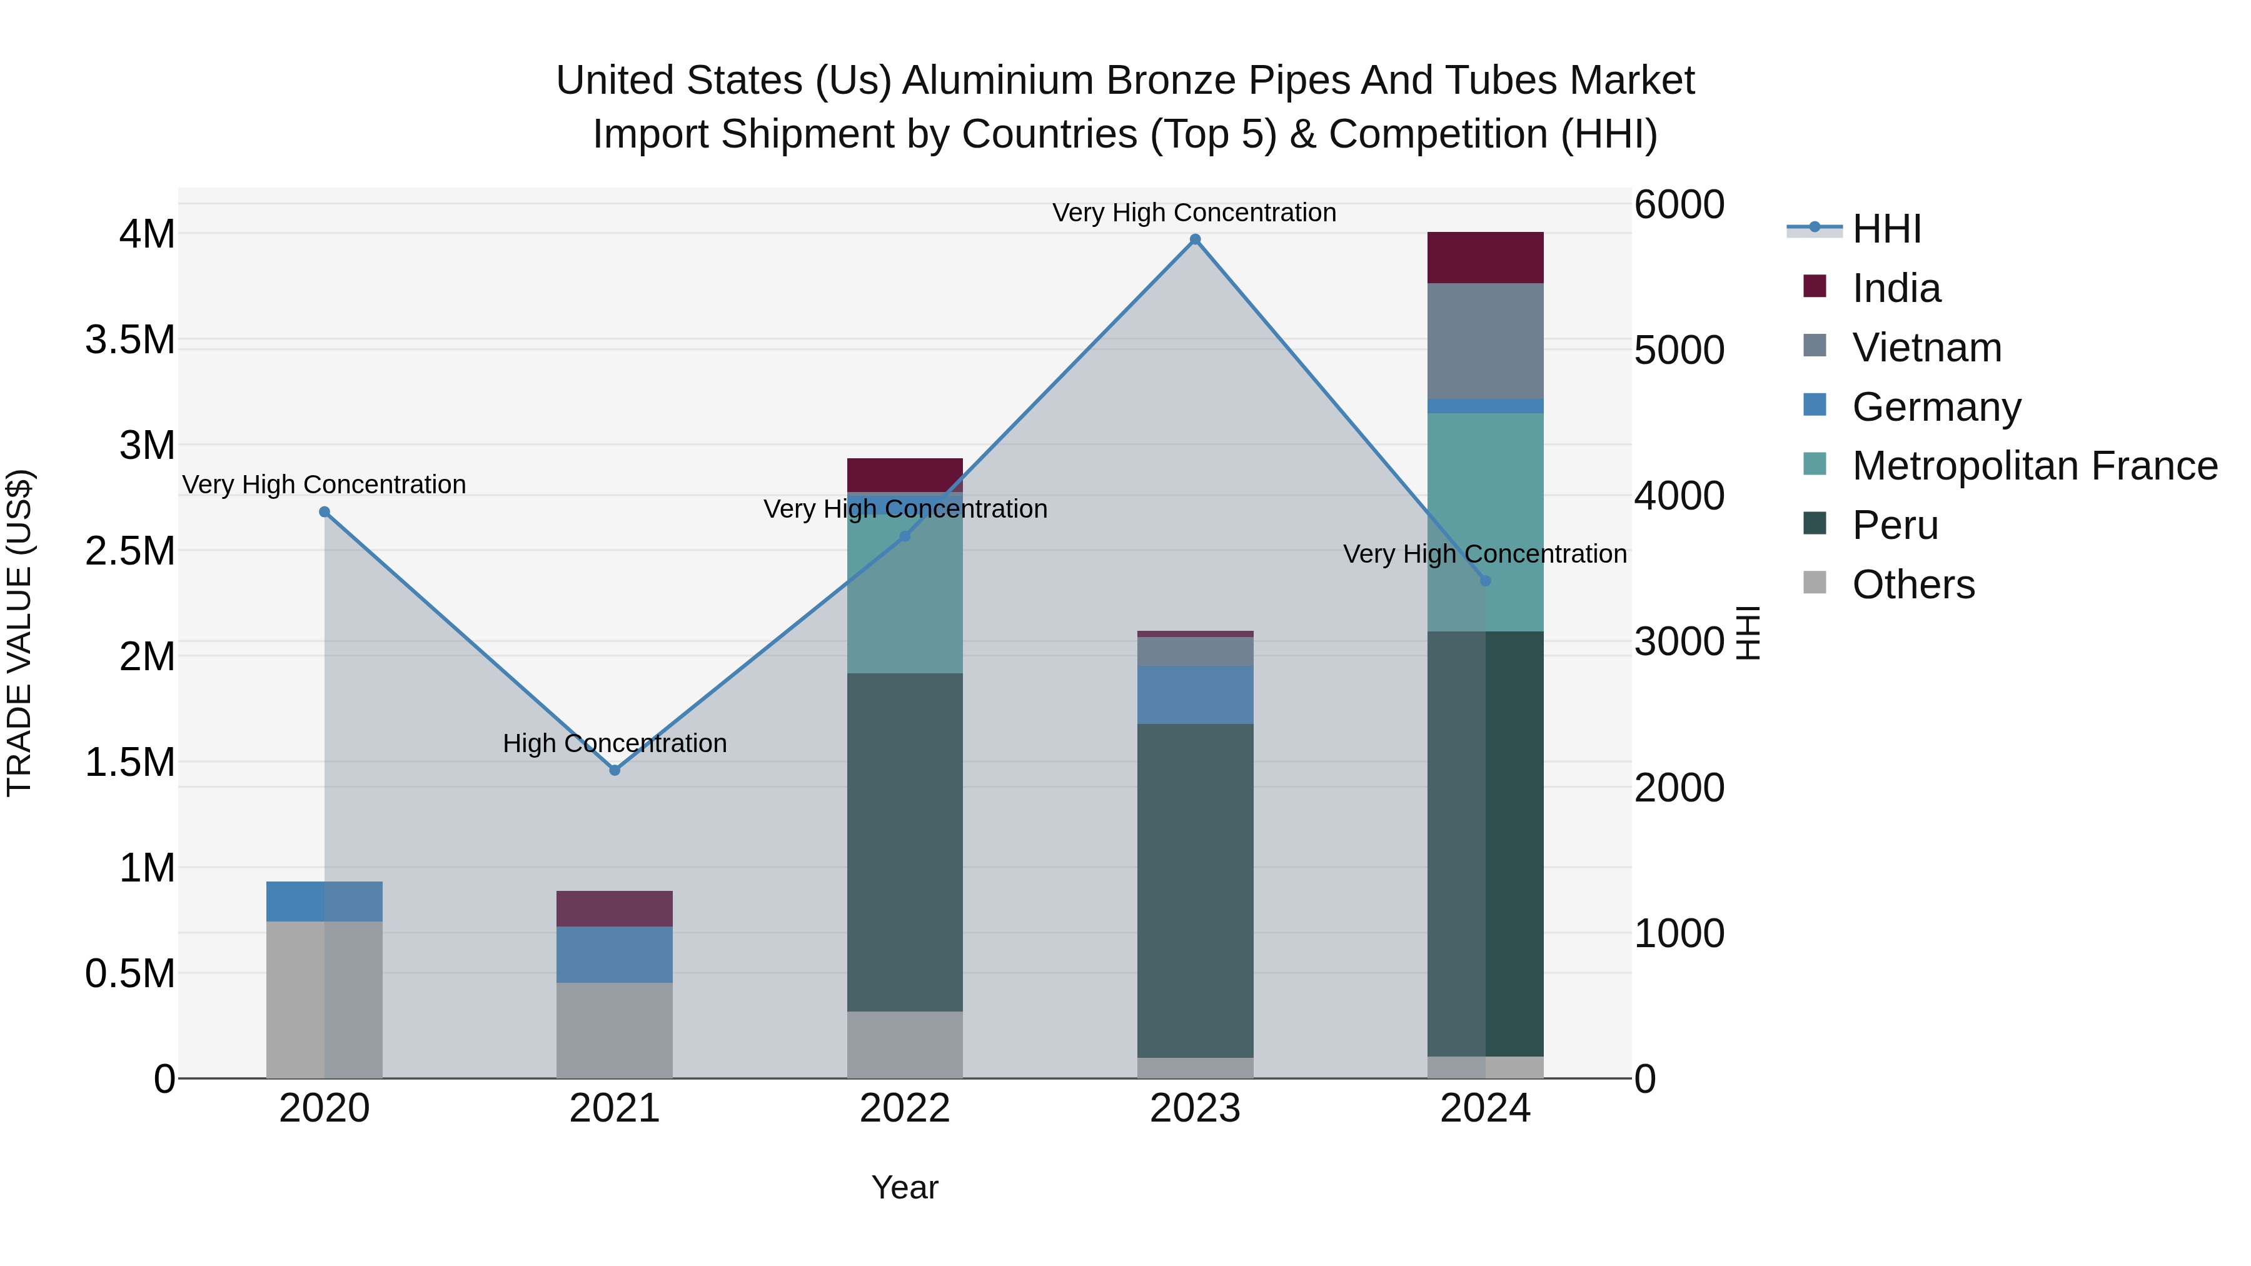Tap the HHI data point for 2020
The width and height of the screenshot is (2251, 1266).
tap(324, 512)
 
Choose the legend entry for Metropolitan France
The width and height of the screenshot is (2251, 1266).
tap(2033, 466)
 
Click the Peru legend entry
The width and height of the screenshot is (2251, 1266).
tap(1895, 525)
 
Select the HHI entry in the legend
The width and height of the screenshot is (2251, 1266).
tap(1886, 229)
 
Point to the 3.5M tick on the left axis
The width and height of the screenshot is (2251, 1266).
tap(130, 340)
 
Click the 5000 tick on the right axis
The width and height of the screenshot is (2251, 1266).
tap(1679, 350)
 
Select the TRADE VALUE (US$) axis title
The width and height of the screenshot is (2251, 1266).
tap(19, 633)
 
